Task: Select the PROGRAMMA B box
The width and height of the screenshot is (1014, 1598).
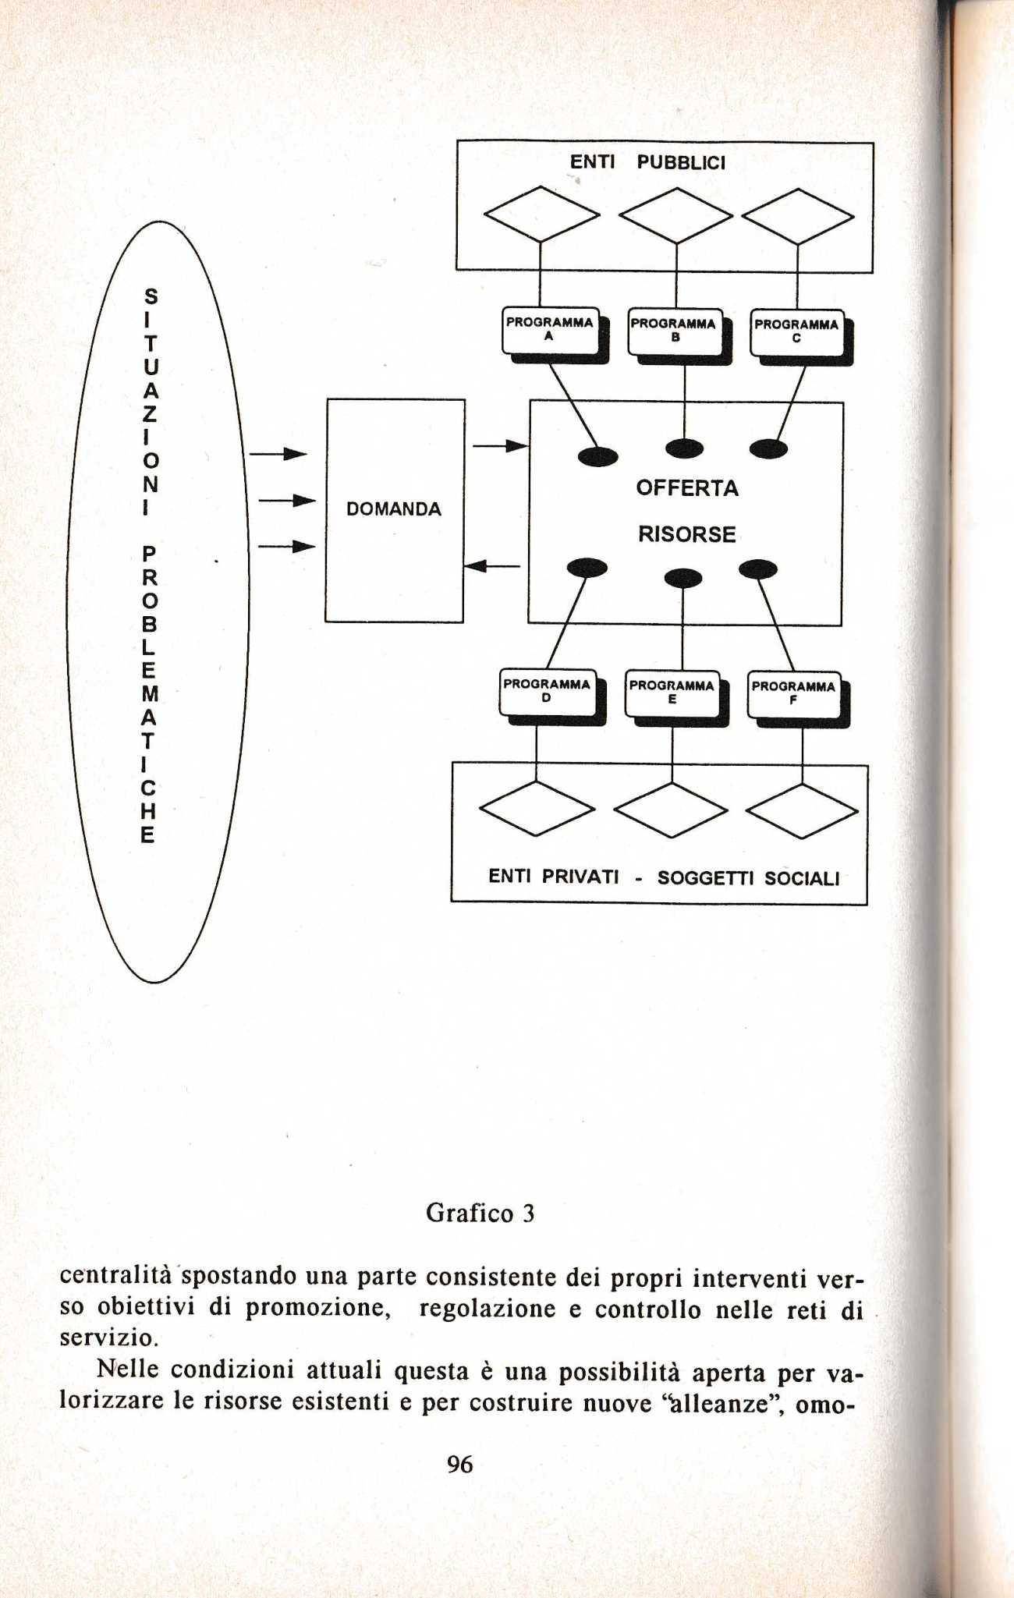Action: pyautogui.click(x=675, y=331)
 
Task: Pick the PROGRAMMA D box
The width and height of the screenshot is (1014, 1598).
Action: pyautogui.click(x=547, y=692)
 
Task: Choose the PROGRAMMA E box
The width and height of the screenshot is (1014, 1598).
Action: pyautogui.click(x=672, y=693)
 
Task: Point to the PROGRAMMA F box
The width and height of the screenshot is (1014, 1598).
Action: pyautogui.click(x=793, y=694)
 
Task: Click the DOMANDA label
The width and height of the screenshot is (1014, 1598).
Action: pyautogui.click(x=394, y=509)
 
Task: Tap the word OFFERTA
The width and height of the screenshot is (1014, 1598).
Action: pyautogui.click(x=687, y=488)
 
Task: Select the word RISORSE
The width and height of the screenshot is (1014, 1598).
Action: pyautogui.click(x=687, y=534)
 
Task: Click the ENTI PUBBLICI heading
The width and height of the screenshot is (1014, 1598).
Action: pyautogui.click(x=647, y=162)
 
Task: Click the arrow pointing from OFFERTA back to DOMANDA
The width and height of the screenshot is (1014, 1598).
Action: pyautogui.click(x=492, y=565)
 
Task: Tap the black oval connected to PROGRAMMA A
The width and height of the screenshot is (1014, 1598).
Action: pyautogui.click(x=598, y=456)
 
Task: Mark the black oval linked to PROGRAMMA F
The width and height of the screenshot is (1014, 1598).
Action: pyautogui.click(x=758, y=569)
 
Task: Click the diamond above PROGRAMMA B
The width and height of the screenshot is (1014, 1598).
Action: pyautogui.click(x=675, y=216)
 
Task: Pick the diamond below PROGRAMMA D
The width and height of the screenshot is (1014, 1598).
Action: pyautogui.click(x=537, y=808)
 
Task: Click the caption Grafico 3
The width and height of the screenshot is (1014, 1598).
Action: pyautogui.click(x=480, y=1214)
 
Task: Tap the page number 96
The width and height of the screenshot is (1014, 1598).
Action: pyautogui.click(x=460, y=1465)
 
